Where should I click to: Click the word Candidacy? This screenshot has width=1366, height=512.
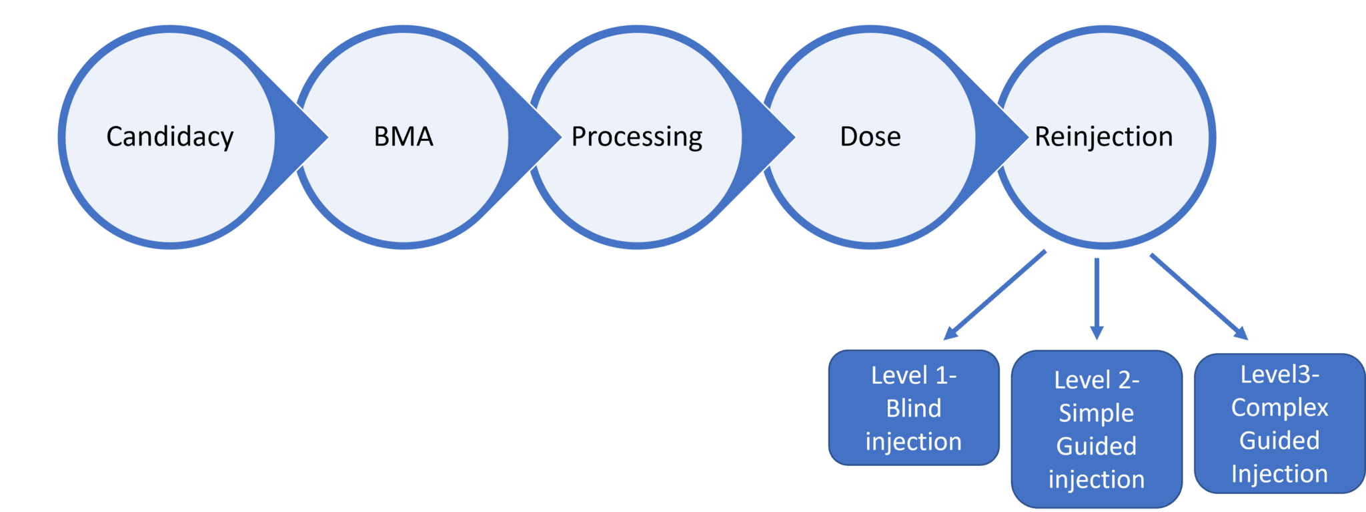point(170,137)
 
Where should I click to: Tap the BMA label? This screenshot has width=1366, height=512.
point(404,137)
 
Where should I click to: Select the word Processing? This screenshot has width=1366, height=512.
point(637,137)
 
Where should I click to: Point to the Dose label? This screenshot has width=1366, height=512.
point(870,137)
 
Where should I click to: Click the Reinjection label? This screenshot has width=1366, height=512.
point(1104,137)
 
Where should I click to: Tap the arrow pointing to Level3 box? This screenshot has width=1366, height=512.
point(1199,296)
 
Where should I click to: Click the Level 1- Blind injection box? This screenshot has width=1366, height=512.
point(914,407)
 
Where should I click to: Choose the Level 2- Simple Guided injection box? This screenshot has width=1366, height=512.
point(1097,429)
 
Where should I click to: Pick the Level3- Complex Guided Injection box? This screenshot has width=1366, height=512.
point(1279,423)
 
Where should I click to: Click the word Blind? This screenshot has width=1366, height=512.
point(914,408)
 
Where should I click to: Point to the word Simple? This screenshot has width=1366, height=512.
point(1097,413)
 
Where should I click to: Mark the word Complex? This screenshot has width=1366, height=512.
point(1279,407)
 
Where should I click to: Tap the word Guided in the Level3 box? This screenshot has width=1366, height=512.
point(1279,441)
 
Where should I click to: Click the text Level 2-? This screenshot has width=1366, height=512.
point(1097,380)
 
